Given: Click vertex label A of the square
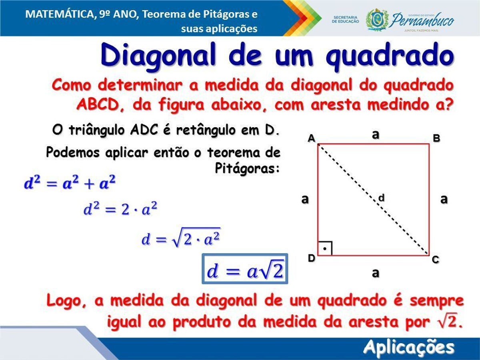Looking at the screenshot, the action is click(x=311, y=138).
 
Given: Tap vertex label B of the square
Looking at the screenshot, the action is click(x=436, y=138).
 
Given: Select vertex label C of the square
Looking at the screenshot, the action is click(x=435, y=260).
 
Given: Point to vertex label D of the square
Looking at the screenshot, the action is click(x=311, y=258).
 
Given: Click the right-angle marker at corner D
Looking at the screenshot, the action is click(x=325, y=248).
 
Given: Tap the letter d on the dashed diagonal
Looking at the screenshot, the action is click(x=381, y=198).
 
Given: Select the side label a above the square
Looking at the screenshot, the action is click(x=376, y=135).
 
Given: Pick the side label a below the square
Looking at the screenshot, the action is click(x=376, y=273).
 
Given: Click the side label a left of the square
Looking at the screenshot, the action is click(x=305, y=199).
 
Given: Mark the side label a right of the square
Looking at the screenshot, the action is click(x=444, y=199).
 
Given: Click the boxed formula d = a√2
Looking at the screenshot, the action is click(x=245, y=269).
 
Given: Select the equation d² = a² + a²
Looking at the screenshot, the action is click(x=70, y=182).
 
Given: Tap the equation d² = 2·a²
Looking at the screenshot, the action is click(x=120, y=209).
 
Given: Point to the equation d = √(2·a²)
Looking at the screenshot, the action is click(x=181, y=238).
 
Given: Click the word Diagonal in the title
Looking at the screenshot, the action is click(x=158, y=55).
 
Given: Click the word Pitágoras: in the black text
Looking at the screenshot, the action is click(x=247, y=168).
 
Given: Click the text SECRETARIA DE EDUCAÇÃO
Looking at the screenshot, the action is click(x=346, y=19).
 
